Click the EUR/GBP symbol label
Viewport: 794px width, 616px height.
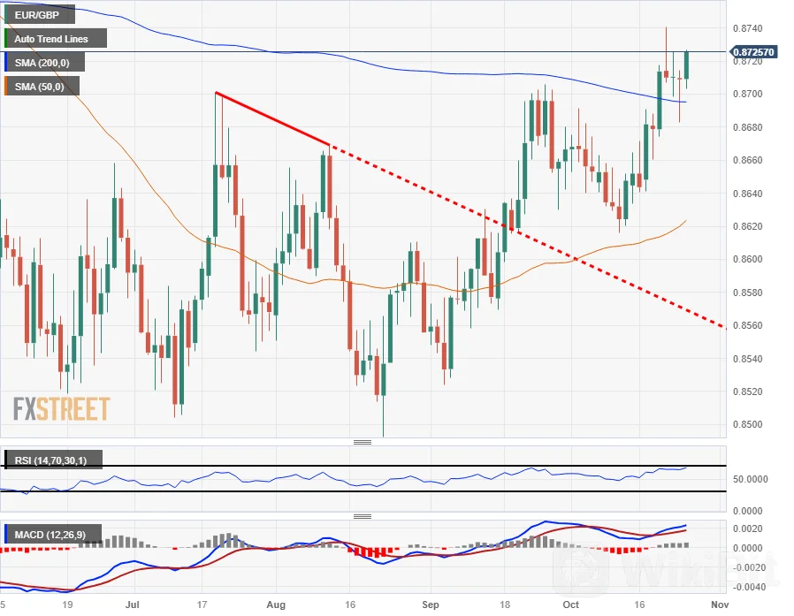(37, 15)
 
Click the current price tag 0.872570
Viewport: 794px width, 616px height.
(754, 52)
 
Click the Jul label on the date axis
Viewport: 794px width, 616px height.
(133, 605)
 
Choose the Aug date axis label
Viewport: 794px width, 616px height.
(277, 605)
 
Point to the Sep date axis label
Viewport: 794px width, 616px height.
(430, 605)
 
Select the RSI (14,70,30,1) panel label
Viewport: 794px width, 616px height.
(54, 460)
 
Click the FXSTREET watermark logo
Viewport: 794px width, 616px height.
(61, 408)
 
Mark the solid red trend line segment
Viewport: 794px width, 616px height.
(272, 118)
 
